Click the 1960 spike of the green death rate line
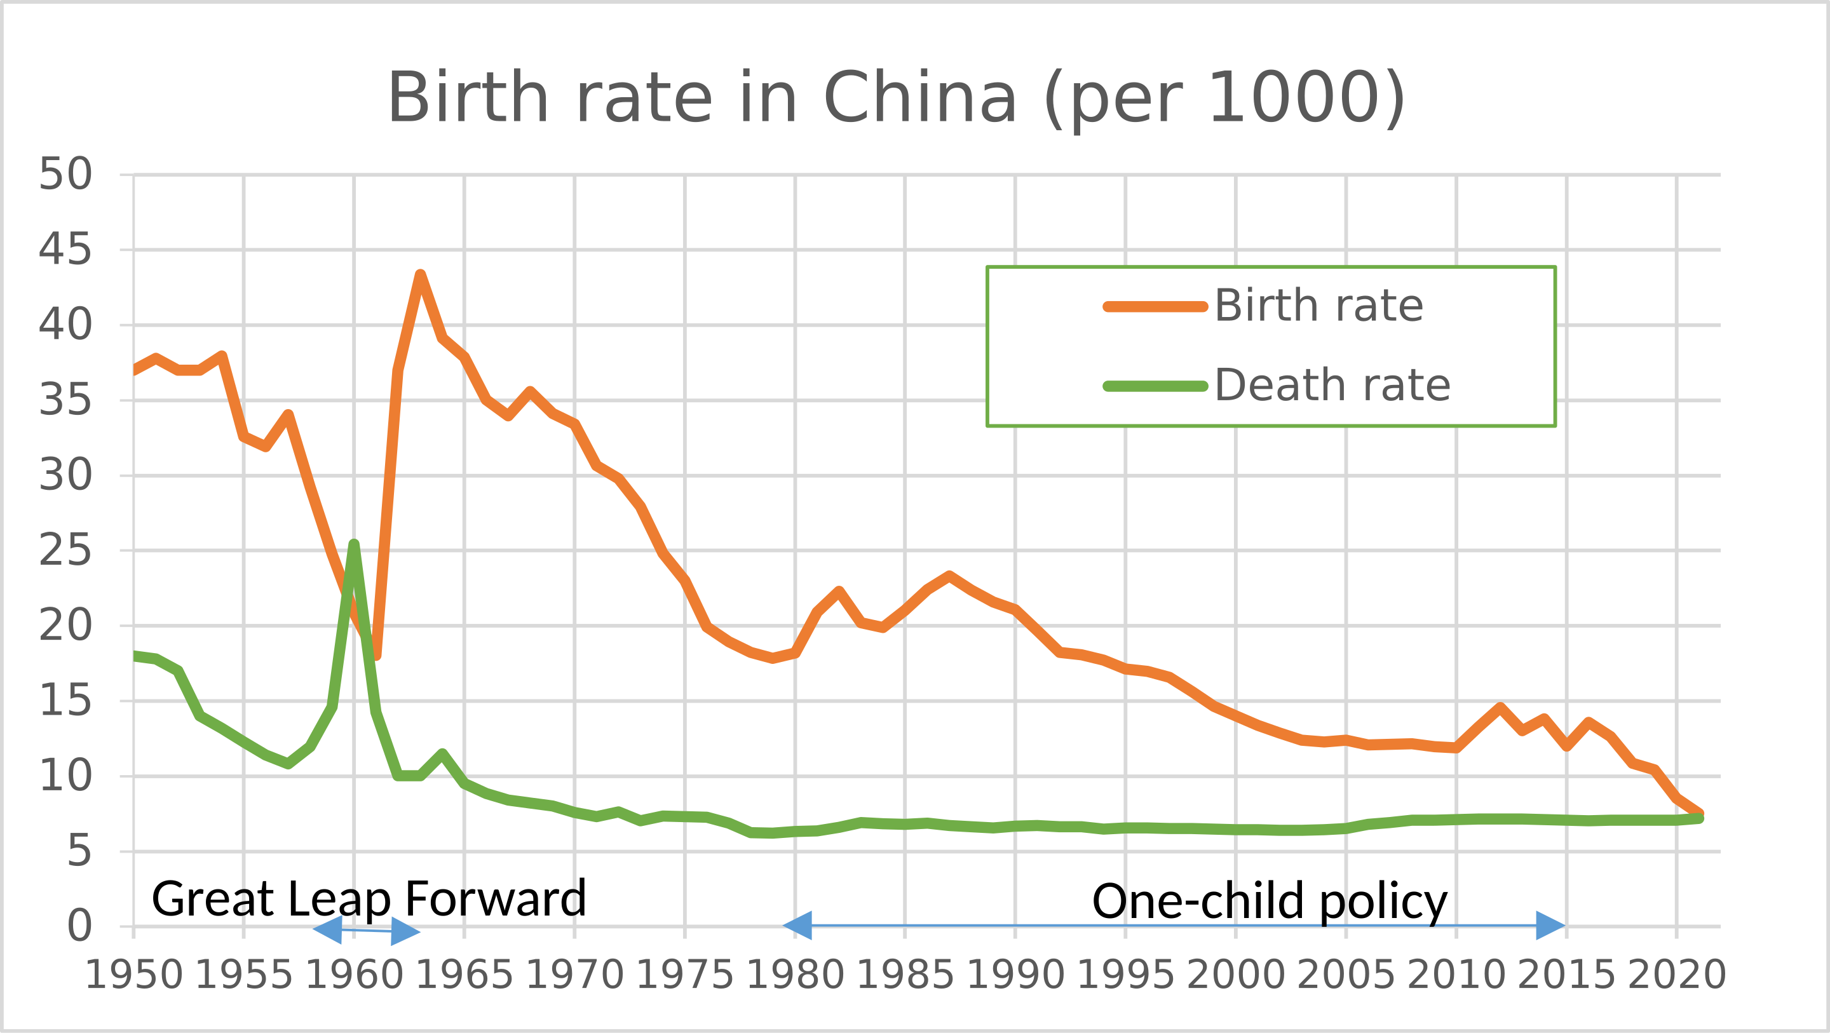[354, 544]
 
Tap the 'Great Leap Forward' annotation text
[369, 899]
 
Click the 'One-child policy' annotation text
[1270, 901]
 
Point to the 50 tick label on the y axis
[65, 174]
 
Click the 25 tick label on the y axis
[65, 551]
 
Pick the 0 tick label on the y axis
[79, 926]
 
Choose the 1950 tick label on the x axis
[133, 975]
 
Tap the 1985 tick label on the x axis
[905, 975]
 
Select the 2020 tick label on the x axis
[1677, 975]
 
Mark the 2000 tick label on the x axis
[1235, 975]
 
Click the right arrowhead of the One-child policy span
[1551, 926]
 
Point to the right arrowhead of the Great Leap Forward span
[405, 931]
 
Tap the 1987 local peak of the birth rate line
[949, 576]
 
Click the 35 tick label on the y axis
[65, 400]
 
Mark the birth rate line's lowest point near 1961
[376, 655]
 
